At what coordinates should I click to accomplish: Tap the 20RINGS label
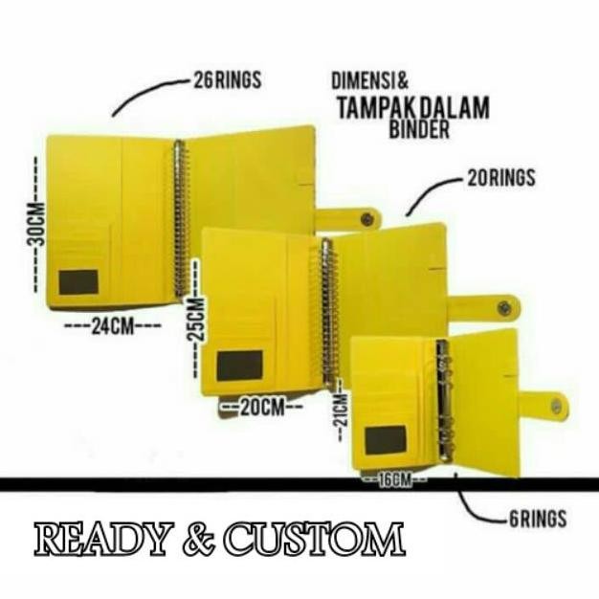[x=500, y=178]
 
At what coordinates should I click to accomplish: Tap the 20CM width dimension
[x=260, y=407]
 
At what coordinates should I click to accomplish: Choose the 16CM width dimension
[x=393, y=479]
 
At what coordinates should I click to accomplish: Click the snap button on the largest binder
[x=366, y=219]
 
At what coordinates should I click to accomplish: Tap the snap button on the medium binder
[x=504, y=308]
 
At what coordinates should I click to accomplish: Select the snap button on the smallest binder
[x=556, y=407]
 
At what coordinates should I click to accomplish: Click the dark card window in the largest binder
[x=78, y=282]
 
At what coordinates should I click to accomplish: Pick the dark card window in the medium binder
[x=239, y=366]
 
